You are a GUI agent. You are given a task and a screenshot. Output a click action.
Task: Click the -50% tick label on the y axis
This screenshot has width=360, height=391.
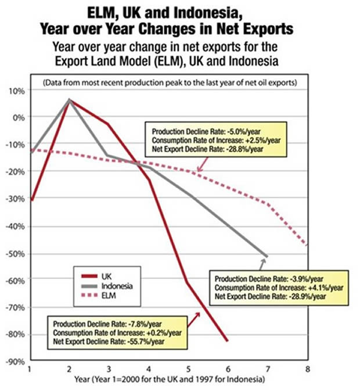point(15,254)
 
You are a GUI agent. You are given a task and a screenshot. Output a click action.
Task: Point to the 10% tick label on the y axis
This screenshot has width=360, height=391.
point(16,91)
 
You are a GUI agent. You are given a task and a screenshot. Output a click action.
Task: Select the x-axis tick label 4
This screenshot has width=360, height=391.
point(148,368)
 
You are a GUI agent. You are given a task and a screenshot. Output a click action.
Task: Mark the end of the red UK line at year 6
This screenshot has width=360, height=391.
point(227,340)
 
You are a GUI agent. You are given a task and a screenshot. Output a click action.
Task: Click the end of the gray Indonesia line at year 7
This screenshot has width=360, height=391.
point(267,256)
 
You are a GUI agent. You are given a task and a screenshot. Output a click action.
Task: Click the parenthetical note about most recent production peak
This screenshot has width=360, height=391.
point(170,82)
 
